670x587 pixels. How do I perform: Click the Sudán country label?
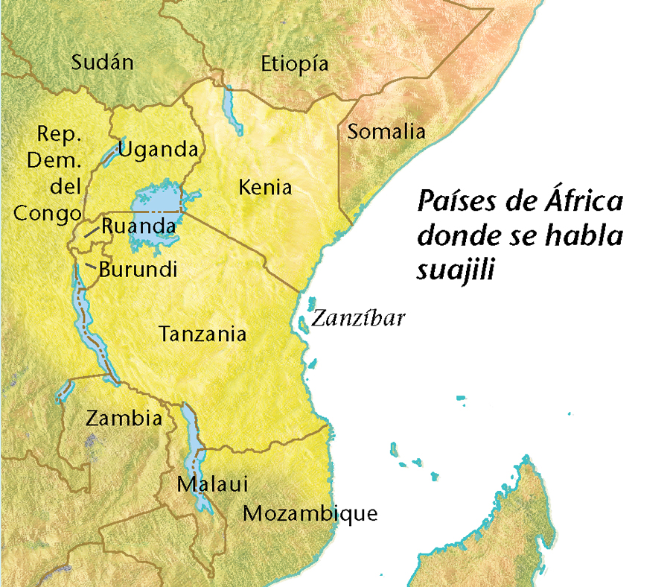click(x=103, y=62)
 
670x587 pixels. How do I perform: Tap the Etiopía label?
click(x=294, y=64)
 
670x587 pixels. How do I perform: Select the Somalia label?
click(x=386, y=133)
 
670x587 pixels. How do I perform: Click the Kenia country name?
click(x=265, y=187)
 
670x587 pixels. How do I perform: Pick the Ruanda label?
click(x=138, y=226)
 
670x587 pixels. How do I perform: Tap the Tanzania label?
click(x=202, y=334)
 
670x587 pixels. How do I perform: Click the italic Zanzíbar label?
click(x=358, y=319)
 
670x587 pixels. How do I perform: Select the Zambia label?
click(x=124, y=418)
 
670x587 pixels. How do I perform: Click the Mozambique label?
click(x=310, y=513)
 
